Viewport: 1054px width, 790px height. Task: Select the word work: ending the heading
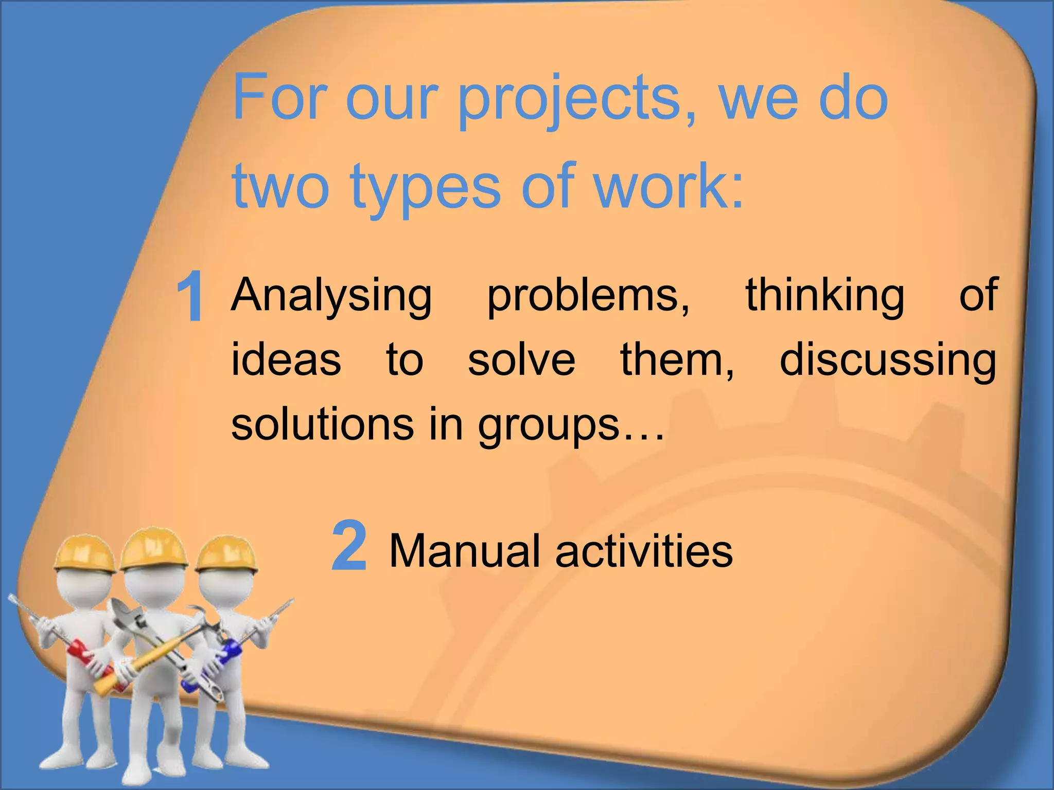click(669, 185)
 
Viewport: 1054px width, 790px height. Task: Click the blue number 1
click(190, 297)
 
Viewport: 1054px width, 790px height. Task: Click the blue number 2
click(349, 546)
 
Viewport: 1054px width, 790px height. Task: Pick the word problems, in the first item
click(588, 297)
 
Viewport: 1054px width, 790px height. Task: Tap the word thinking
click(825, 297)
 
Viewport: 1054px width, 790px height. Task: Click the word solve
click(521, 360)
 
